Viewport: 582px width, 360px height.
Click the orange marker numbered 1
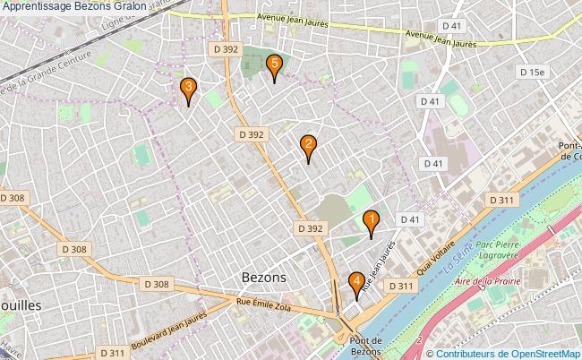point(370,221)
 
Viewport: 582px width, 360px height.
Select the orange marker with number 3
point(188,89)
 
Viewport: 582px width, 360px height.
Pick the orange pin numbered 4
point(357,283)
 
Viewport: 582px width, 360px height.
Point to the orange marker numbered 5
point(274,65)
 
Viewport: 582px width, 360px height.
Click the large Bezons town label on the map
point(264,278)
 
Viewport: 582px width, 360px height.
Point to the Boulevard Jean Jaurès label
point(170,323)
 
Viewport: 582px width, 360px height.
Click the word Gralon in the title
point(144,7)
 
